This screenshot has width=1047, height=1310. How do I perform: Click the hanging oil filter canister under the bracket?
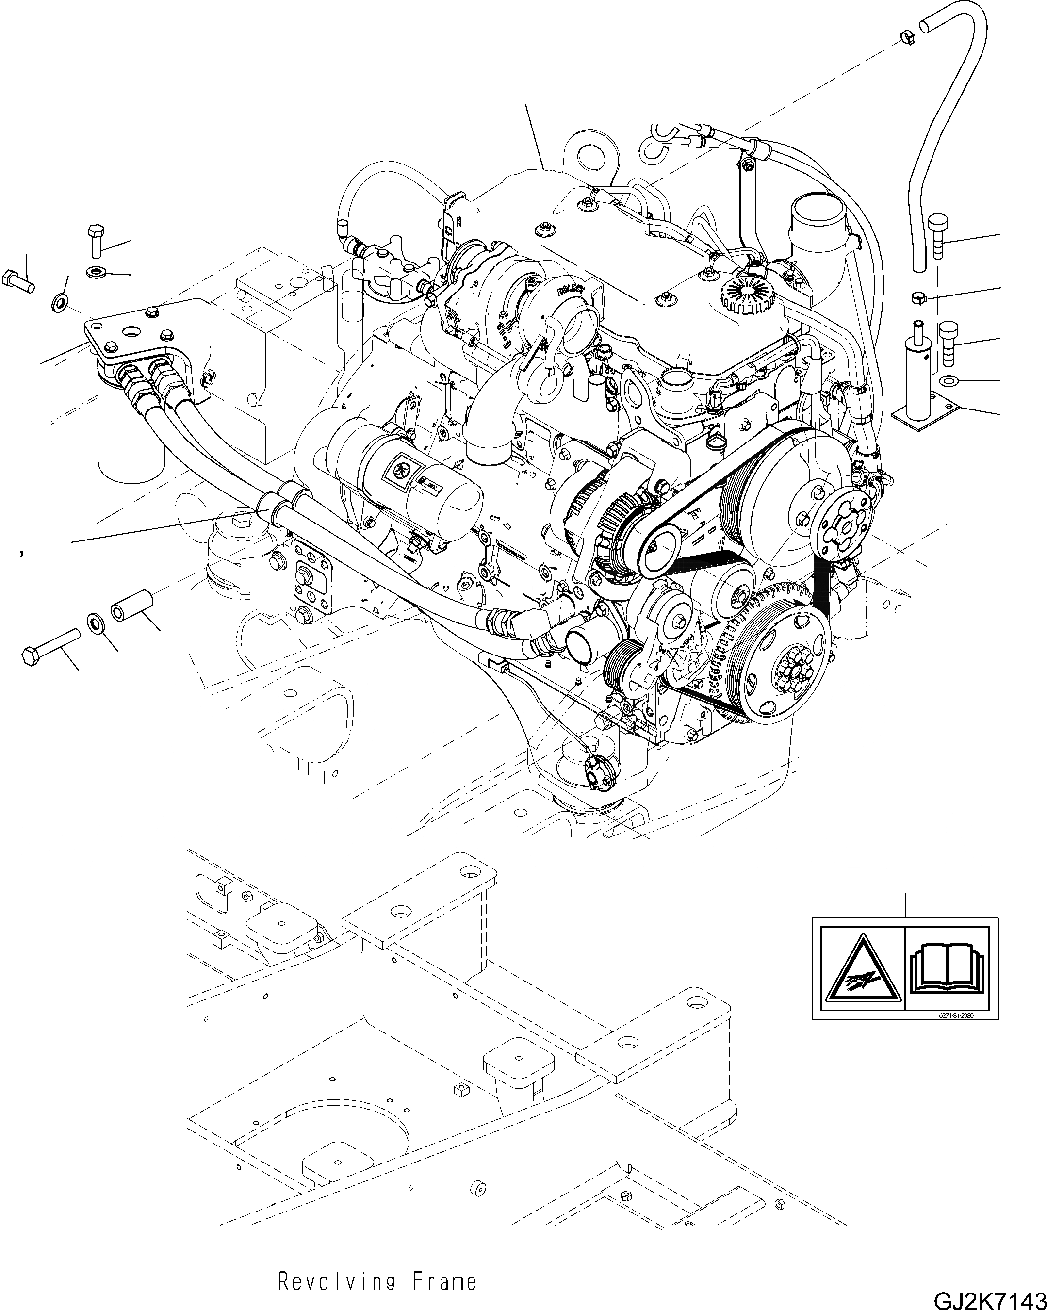[131, 434]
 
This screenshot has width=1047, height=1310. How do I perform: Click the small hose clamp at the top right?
[906, 38]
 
